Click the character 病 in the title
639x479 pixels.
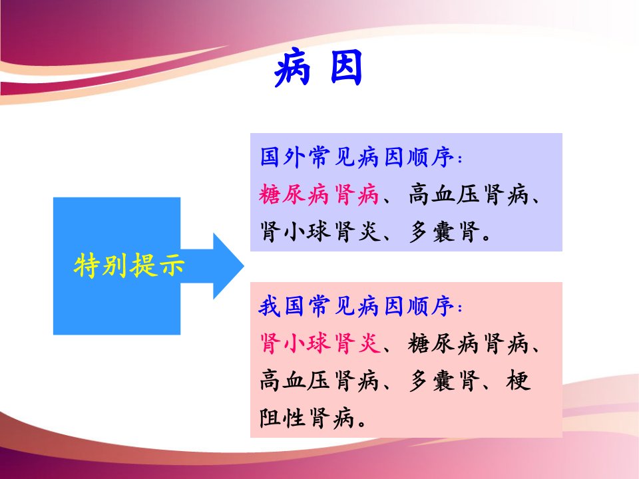(x=292, y=68)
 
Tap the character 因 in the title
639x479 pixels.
(x=346, y=68)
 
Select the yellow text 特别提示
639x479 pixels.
(x=128, y=265)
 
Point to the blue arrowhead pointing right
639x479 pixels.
(x=228, y=266)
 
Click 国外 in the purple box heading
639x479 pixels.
(x=280, y=158)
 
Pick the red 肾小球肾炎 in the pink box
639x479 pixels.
(x=320, y=343)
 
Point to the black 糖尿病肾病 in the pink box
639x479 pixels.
(x=469, y=343)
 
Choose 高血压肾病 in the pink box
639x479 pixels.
(x=320, y=381)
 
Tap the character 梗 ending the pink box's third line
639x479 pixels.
(x=519, y=381)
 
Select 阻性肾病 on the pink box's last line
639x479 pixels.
(x=306, y=418)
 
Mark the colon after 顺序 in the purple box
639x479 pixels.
(x=460, y=159)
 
